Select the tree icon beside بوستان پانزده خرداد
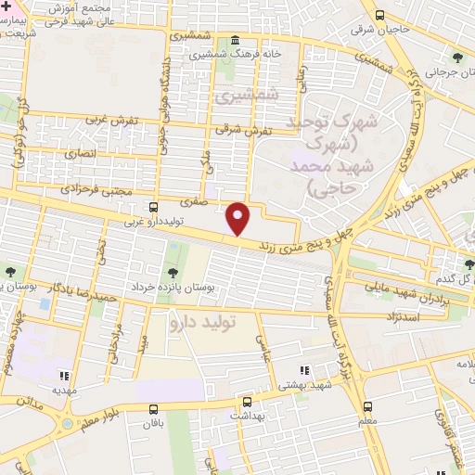pos(172,273)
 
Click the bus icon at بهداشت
pos(247,403)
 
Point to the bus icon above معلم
pos(367,406)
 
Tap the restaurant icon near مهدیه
pos(64,376)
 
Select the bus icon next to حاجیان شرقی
pos(379,15)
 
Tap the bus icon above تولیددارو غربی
pos(153,207)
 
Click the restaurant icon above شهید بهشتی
pos(303,370)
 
